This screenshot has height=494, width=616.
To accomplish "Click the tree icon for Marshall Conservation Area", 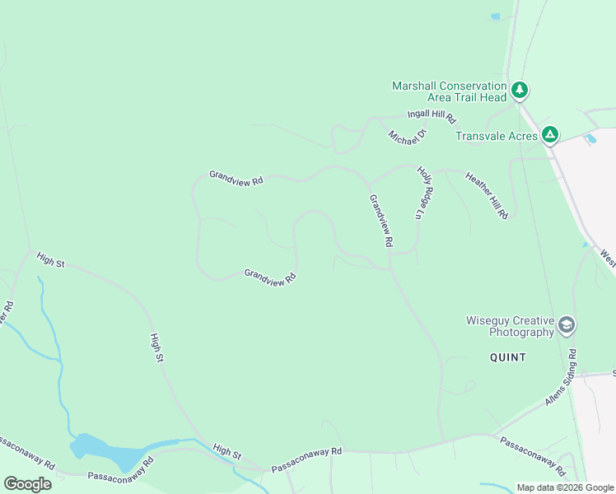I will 519,89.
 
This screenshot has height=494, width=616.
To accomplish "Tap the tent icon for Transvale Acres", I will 550,134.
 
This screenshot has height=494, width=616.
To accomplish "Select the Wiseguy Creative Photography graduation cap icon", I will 566,324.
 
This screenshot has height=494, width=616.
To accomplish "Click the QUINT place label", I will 507,357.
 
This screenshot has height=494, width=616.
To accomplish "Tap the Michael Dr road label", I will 408,134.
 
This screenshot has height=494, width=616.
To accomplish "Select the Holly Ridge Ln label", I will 425,193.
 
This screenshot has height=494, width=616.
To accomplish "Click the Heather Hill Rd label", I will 487,195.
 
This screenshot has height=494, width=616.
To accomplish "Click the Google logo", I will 27,484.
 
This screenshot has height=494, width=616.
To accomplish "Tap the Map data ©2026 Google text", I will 565,487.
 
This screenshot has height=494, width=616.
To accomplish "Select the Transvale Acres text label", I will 497,135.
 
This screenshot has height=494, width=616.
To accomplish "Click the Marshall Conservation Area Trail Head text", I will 449,91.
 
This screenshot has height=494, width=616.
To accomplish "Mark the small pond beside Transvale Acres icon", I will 590,139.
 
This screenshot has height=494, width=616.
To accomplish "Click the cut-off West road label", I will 608,259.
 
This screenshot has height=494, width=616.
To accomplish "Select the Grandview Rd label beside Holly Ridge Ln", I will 380,221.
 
